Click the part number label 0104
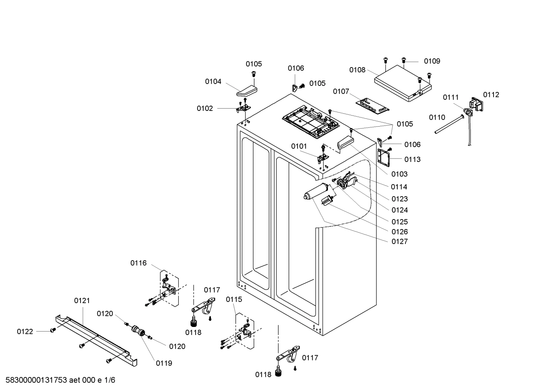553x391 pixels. coord(213,81)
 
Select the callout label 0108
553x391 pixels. coord(357,70)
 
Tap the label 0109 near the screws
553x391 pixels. coord(432,61)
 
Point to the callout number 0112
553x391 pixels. coord(491,95)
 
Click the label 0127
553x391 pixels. coord(399,241)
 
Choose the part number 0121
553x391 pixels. coord(82,300)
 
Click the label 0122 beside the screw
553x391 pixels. coord(25,332)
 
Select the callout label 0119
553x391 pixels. coord(164,363)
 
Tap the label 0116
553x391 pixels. coord(138,263)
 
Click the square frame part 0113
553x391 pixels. coord(384,157)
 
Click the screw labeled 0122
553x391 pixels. coord(53,330)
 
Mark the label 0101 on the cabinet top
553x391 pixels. coord(299,146)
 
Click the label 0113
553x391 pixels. coord(412,159)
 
